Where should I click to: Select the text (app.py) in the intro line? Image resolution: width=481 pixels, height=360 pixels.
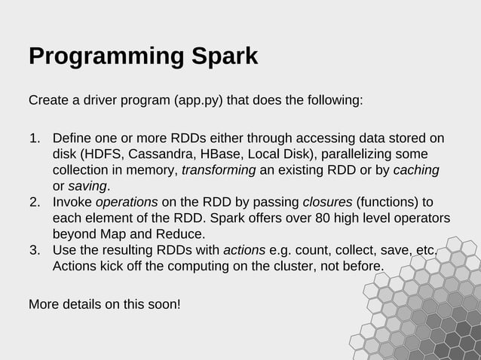click(x=198, y=100)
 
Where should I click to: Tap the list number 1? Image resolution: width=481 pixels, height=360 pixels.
click(x=35, y=139)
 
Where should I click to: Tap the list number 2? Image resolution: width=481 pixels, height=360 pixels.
click(x=35, y=203)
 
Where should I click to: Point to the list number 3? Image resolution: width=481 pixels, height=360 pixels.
click(x=35, y=250)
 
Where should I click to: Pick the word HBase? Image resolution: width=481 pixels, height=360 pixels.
click(x=217, y=155)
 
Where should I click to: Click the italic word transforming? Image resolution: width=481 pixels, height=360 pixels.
click(x=219, y=171)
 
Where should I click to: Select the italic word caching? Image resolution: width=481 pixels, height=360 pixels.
click(x=416, y=171)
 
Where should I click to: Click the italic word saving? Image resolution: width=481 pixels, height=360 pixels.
click(x=87, y=187)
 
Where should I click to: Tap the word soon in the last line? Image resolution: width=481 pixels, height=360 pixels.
click(x=161, y=305)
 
